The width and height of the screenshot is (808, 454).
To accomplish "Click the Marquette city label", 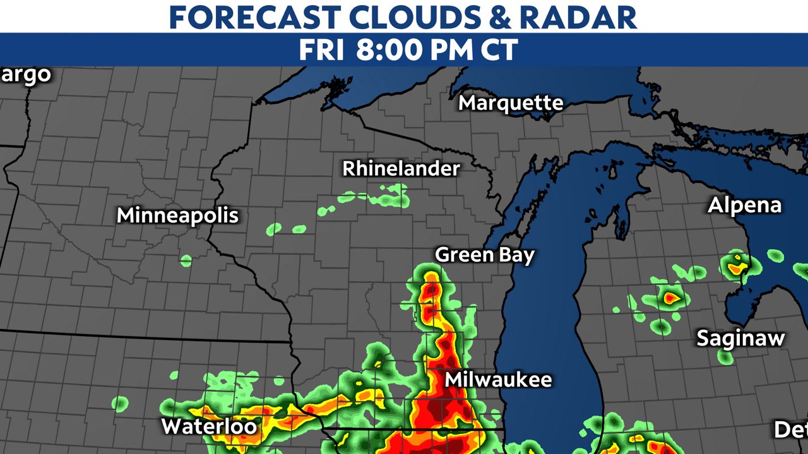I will tap(511, 103).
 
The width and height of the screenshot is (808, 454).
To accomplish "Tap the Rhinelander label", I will tap(401, 169).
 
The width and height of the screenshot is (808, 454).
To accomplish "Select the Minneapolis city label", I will tap(178, 216).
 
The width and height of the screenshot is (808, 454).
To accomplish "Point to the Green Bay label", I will tap(485, 255).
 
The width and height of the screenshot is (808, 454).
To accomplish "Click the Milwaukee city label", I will tap(498, 380).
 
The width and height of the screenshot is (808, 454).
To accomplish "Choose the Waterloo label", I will tap(209, 426).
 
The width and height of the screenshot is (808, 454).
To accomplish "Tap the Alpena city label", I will tap(744, 206).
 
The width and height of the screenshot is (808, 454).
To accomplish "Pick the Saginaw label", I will tap(740, 338).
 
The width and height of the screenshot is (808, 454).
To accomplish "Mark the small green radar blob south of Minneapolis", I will tap(186, 260).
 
